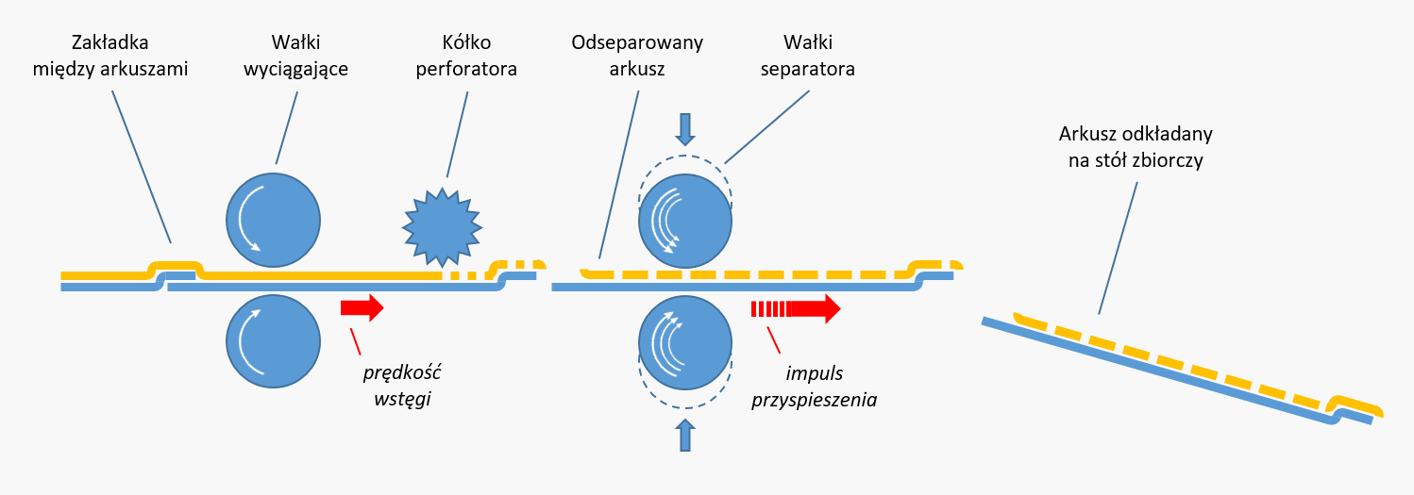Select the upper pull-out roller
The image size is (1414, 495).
point(274,220)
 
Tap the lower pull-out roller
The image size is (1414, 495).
point(274,341)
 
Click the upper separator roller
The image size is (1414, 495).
point(685,222)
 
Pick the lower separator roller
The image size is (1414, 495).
point(685,342)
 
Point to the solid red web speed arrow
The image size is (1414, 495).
point(362,307)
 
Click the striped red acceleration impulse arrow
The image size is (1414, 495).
point(796,309)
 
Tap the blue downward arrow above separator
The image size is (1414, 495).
point(685,130)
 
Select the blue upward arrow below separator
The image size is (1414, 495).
point(685,435)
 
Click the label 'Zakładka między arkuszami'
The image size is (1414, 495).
point(110,56)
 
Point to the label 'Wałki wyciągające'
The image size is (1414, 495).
point(296,56)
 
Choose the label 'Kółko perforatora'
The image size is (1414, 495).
point(466,56)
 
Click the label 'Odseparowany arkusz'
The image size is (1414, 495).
point(637,56)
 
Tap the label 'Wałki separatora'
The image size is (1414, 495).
point(808,56)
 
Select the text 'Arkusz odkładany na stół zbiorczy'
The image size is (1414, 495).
point(1136,147)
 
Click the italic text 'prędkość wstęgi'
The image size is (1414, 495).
point(402,386)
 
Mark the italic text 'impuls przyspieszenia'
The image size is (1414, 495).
point(815,387)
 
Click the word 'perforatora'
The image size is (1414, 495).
point(466,69)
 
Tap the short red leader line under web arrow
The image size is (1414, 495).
point(356,341)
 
